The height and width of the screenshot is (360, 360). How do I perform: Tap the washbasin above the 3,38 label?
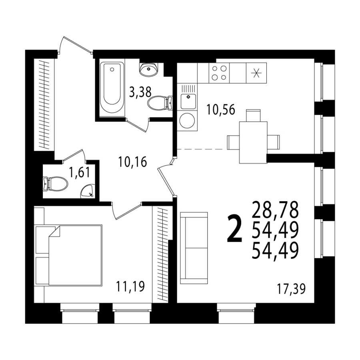149,69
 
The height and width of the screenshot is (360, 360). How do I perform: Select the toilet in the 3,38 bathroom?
160,103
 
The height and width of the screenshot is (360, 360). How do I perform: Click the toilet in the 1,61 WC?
55,184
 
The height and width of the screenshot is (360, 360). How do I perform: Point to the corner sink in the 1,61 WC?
87,191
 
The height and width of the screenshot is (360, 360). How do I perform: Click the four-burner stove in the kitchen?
219,73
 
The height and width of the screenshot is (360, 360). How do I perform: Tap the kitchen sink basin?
188,101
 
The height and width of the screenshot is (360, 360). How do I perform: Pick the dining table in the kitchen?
253,142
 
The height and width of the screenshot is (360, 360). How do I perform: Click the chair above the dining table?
253,116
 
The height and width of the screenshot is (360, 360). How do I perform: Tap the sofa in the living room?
194,248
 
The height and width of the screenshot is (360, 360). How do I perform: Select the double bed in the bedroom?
69,255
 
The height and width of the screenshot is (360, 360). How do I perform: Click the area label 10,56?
221,110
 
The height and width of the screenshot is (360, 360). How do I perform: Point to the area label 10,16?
132,162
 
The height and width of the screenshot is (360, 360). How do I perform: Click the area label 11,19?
130,286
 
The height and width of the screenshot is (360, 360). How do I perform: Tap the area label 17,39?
291,289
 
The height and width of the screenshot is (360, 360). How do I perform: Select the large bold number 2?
234,229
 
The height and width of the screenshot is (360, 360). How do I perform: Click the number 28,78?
275,209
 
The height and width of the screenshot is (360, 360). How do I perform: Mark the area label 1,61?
80,173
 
